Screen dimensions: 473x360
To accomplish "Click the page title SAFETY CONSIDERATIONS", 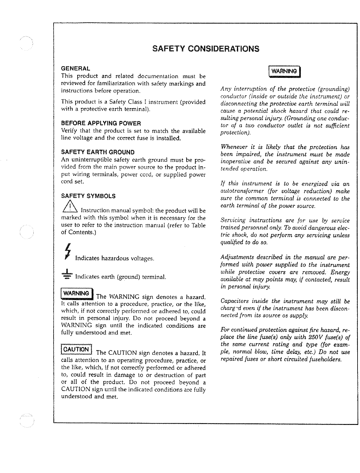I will pyautogui.click(x=206, y=49).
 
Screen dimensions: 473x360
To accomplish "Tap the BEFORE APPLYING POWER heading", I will pyautogui.click(x=101, y=123).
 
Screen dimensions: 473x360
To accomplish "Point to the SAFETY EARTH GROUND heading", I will pyautogui.click(x=98, y=152).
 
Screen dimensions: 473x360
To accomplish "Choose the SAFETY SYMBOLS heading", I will pyautogui.click(x=88, y=196).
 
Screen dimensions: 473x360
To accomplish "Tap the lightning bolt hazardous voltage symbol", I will pyautogui.click(x=68, y=252).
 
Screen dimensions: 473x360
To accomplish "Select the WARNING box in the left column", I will pyautogui.click(x=77, y=293).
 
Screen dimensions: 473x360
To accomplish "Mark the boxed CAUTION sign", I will pyautogui.click(x=77, y=350).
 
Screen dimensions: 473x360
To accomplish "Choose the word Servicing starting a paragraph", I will pyautogui.click(x=233, y=221).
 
